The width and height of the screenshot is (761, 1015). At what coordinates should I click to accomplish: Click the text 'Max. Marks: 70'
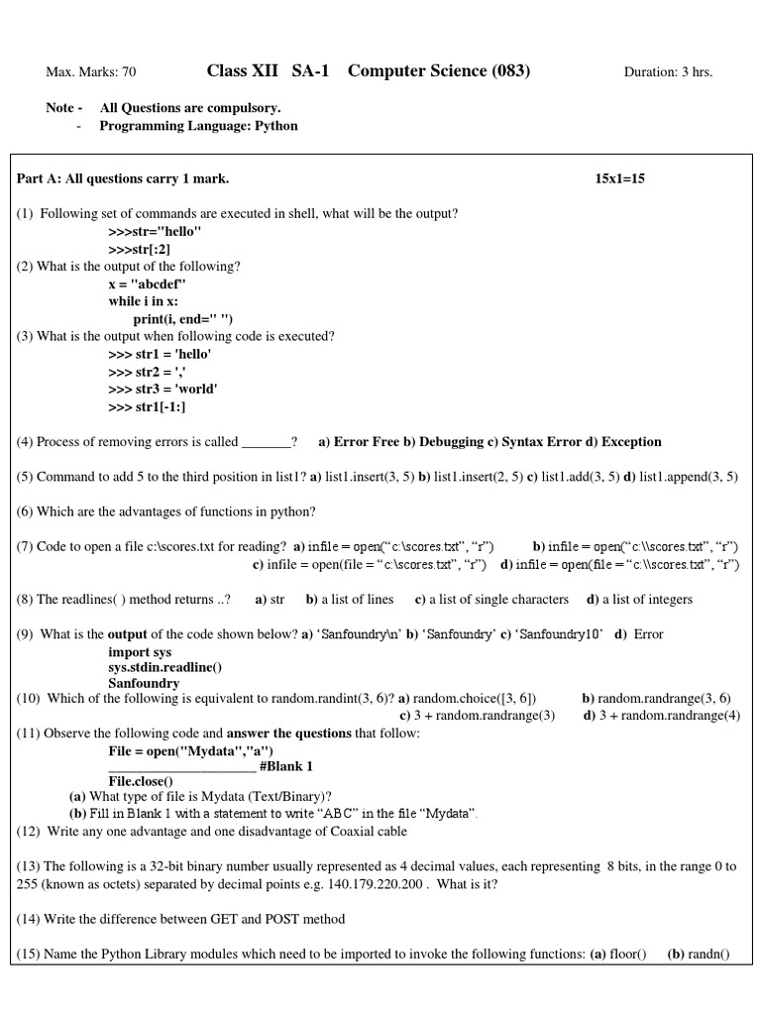pyautogui.click(x=91, y=72)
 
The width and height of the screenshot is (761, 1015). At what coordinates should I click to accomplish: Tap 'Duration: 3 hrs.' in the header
pyautogui.click(x=668, y=72)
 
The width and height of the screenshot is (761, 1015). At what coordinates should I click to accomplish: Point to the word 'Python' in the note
pyautogui.click(x=277, y=126)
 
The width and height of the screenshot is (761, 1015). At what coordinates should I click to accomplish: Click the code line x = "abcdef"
pyautogui.click(x=147, y=283)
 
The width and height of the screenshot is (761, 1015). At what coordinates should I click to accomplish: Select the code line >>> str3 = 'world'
pyautogui.click(x=163, y=390)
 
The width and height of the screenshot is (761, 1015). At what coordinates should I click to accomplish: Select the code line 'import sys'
pyautogui.click(x=140, y=652)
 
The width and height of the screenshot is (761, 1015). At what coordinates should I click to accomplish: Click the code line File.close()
pyautogui.click(x=148, y=781)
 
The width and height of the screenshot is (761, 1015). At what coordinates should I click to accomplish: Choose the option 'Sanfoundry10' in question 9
pyautogui.click(x=561, y=634)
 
